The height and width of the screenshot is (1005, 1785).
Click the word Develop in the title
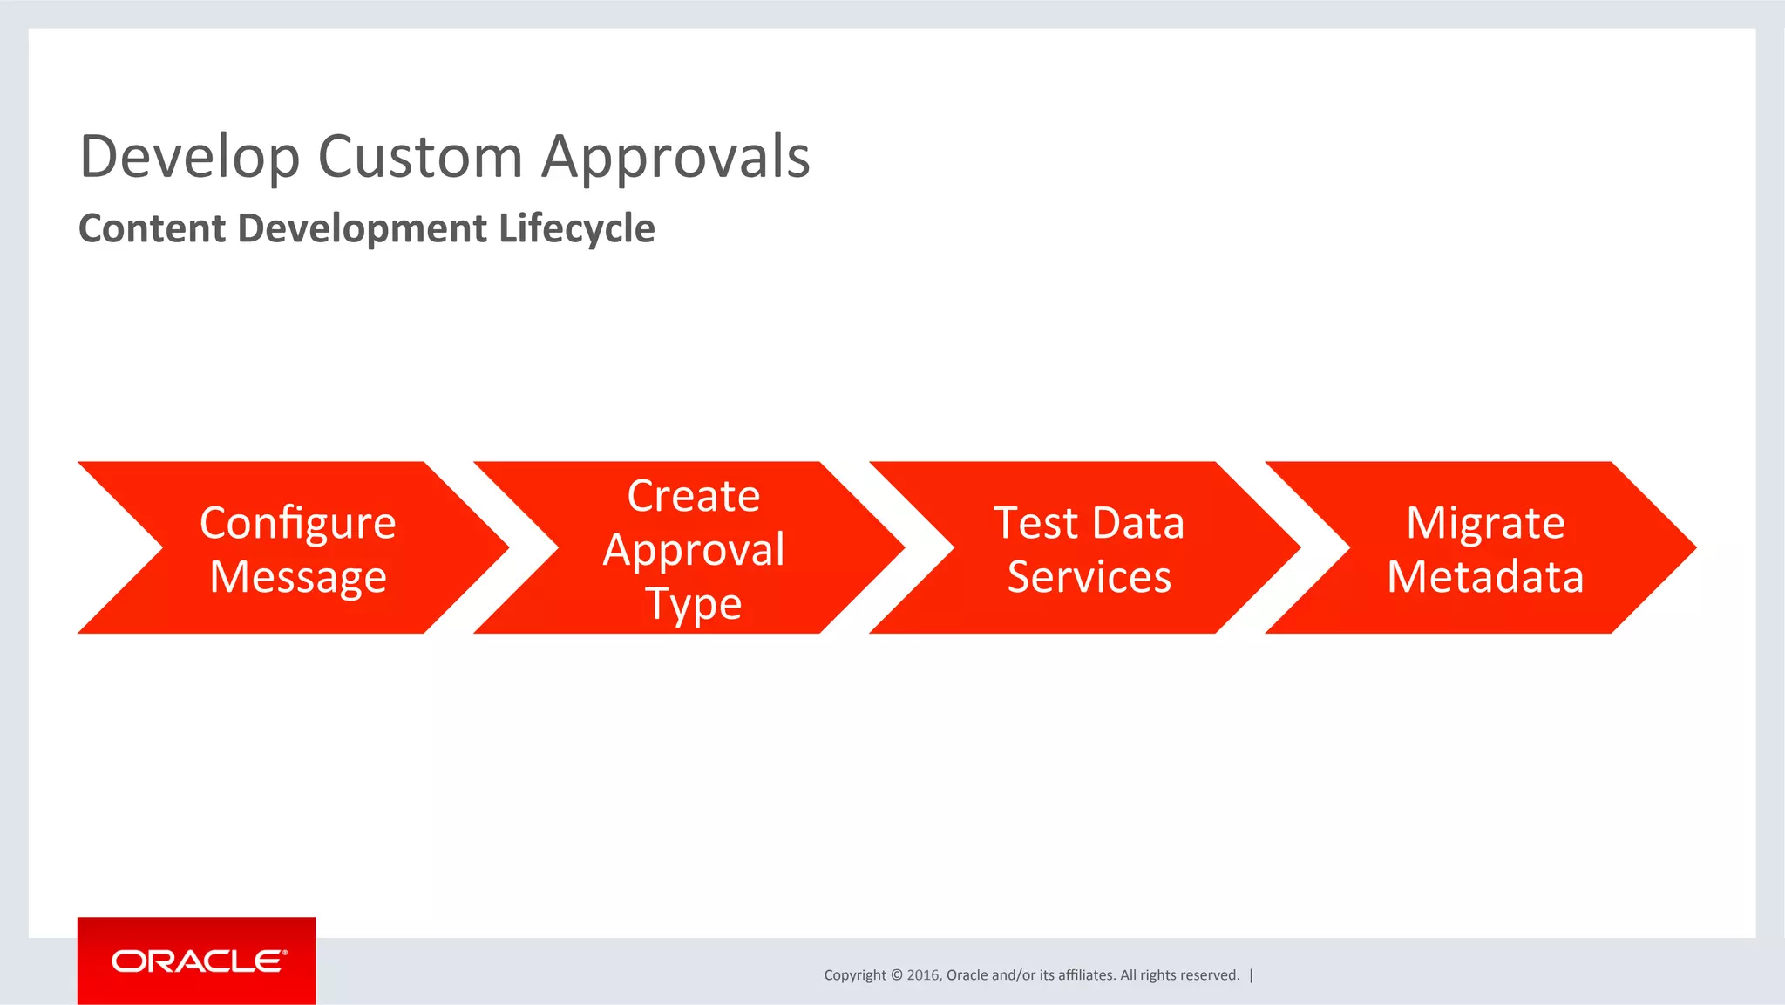(189, 158)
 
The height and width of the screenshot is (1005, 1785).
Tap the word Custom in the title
(420, 158)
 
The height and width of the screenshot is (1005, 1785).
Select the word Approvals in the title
(675, 158)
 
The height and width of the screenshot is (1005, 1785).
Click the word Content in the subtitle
(153, 228)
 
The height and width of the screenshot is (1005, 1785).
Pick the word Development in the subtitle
(362, 228)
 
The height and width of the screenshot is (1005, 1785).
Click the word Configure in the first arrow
(297, 523)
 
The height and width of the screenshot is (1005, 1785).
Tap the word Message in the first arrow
(297, 577)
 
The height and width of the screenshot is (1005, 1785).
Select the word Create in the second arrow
(693, 496)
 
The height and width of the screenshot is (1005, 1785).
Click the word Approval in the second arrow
(693, 550)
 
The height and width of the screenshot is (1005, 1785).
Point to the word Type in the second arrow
(693, 604)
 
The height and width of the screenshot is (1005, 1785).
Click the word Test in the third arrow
(1035, 523)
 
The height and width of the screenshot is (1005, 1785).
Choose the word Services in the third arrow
(1089, 577)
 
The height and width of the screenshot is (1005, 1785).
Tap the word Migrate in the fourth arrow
(1485, 523)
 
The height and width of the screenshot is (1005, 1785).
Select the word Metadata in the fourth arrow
(1485, 577)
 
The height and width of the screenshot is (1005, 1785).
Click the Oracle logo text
(198, 961)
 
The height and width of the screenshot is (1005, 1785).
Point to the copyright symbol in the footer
(897, 975)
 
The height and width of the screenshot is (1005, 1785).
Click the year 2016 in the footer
(922, 975)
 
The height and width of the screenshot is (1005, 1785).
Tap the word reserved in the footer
(1211, 975)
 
